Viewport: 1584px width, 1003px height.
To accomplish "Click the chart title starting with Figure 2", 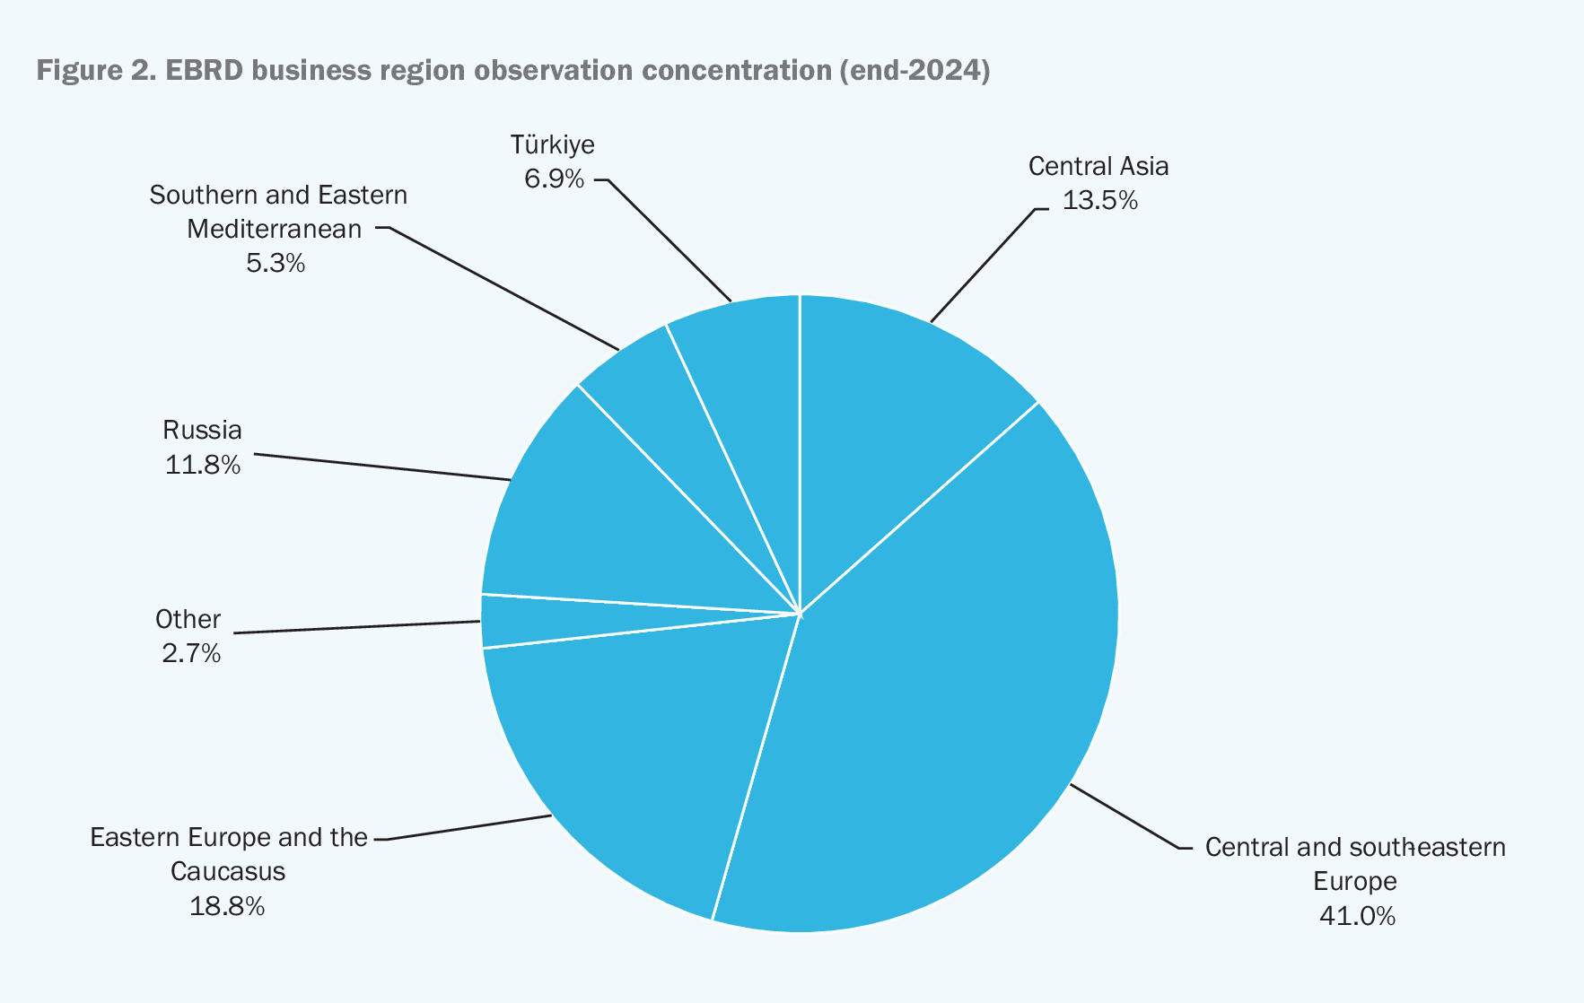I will (512, 70).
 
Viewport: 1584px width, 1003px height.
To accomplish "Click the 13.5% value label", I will (1099, 201).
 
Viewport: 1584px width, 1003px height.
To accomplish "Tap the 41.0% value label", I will (1356, 916).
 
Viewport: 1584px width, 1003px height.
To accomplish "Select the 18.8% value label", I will (227, 906).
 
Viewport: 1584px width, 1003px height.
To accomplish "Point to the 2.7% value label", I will (191, 654).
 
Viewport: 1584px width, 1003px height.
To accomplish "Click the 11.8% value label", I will (202, 466).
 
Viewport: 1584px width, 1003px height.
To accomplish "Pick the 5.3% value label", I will (276, 264).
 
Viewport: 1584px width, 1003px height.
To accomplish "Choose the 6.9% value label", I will (554, 179).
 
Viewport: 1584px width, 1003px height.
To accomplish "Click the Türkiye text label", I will (553, 144).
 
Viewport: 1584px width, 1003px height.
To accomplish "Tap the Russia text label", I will (202, 431).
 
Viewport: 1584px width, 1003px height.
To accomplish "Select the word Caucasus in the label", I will (227, 871).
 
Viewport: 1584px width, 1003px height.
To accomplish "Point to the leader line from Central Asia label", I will (983, 265).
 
